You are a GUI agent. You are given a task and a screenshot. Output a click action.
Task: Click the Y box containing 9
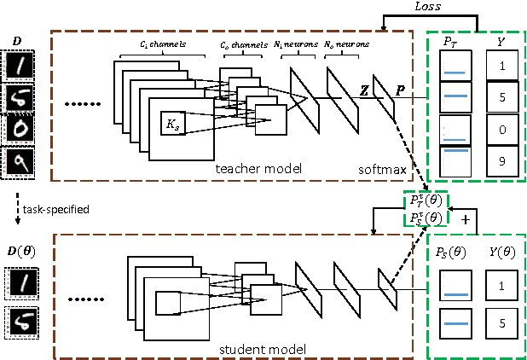[502, 161]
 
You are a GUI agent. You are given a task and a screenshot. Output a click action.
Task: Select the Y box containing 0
[502, 130]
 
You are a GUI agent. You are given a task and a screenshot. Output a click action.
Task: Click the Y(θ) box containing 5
[502, 324]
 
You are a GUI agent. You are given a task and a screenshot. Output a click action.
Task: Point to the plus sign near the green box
[466, 219]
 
